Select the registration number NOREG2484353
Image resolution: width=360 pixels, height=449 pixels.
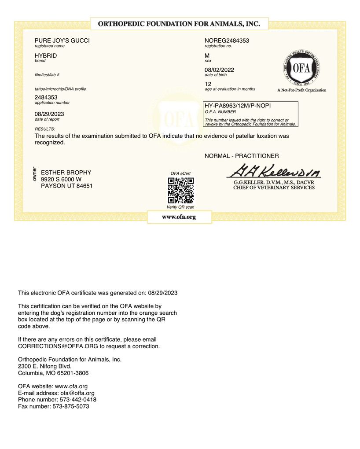point(227,40)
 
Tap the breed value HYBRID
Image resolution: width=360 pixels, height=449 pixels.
point(46,55)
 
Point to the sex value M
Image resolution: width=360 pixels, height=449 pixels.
point(207,55)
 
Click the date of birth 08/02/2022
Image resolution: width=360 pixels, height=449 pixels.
point(219,70)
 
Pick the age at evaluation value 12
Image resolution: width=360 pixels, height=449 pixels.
point(208,84)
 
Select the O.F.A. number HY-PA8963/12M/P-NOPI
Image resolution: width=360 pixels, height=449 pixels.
point(237,106)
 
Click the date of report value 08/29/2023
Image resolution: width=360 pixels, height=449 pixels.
point(49,114)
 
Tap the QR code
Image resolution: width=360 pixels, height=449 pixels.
point(180,190)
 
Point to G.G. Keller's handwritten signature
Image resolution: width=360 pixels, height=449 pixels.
point(274,171)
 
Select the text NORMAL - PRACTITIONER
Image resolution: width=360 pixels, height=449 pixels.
point(242,156)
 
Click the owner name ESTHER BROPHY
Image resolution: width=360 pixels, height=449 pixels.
point(66,173)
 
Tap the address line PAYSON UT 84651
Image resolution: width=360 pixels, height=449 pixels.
point(66,186)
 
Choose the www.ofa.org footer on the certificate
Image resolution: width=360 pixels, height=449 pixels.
point(179,217)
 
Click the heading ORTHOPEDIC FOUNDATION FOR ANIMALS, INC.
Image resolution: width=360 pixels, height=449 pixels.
point(179,24)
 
